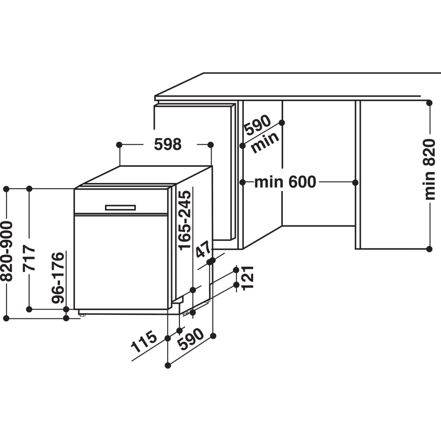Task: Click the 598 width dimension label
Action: pyautogui.click(x=168, y=145)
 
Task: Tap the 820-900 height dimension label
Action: pyautogui.click(x=7, y=251)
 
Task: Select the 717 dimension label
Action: pyautogui.click(x=29, y=258)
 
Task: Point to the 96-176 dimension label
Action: pyautogui.click(x=58, y=278)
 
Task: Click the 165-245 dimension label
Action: pyautogui.click(x=185, y=220)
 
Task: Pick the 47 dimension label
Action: pyautogui.click(x=204, y=249)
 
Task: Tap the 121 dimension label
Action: pyautogui.click(x=248, y=277)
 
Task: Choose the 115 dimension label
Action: pyautogui.click(x=144, y=342)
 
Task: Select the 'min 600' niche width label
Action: pyautogui.click(x=285, y=182)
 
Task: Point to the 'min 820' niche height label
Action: pyautogui.click(x=430, y=169)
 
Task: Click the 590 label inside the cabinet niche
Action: pyautogui.click(x=258, y=125)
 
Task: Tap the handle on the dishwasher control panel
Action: pyautogui.click(x=120, y=208)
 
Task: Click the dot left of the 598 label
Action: pyautogui.click(x=119, y=145)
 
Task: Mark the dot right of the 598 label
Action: pyautogui.click(x=210, y=145)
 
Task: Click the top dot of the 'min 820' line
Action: pyautogui.click(x=429, y=103)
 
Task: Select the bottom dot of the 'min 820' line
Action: pyautogui.click(x=429, y=249)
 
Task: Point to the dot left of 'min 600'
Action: pyautogui.click(x=243, y=182)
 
